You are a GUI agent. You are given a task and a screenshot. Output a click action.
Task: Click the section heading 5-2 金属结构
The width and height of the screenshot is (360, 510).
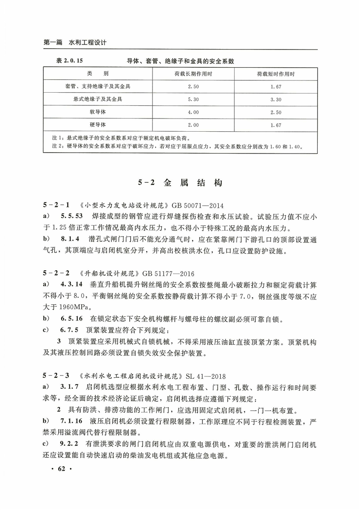(180, 183)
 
